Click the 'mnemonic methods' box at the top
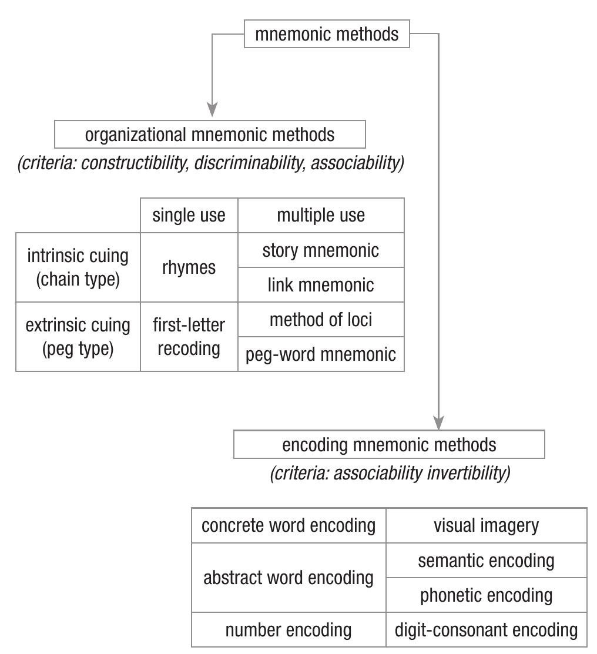coord(327,34)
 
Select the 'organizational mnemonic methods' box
coord(210,135)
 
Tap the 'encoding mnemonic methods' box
coord(389,445)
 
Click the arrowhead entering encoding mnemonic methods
coord(438,422)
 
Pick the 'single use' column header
coord(189,215)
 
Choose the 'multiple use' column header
coord(321,215)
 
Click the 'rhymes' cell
coord(189,267)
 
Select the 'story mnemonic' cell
coord(321,250)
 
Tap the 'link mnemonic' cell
coord(321,285)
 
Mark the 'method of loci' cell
coord(321,320)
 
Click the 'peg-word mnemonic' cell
coord(321,354)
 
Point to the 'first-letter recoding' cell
coord(189,337)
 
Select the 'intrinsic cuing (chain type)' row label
coord(78,267)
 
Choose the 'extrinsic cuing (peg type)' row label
coord(78,337)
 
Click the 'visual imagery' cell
coord(486,525)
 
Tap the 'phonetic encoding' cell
coord(486,595)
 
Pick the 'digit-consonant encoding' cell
coord(486,630)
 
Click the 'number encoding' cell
coord(289,630)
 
